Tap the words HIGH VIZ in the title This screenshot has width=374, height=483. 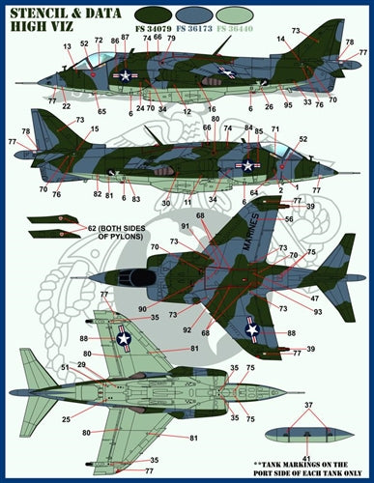pos(38,31)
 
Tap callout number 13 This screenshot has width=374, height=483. pos(68,46)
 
